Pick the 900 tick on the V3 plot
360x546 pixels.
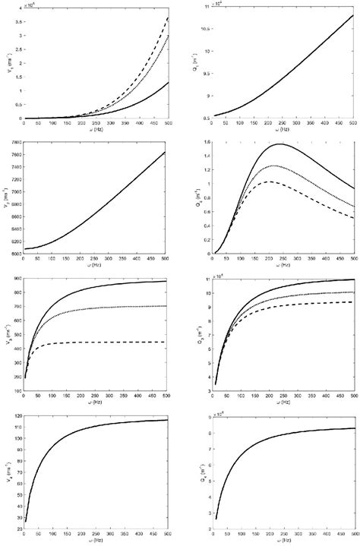click(x=17, y=278)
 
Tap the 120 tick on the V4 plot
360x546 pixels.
click(x=17, y=416)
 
